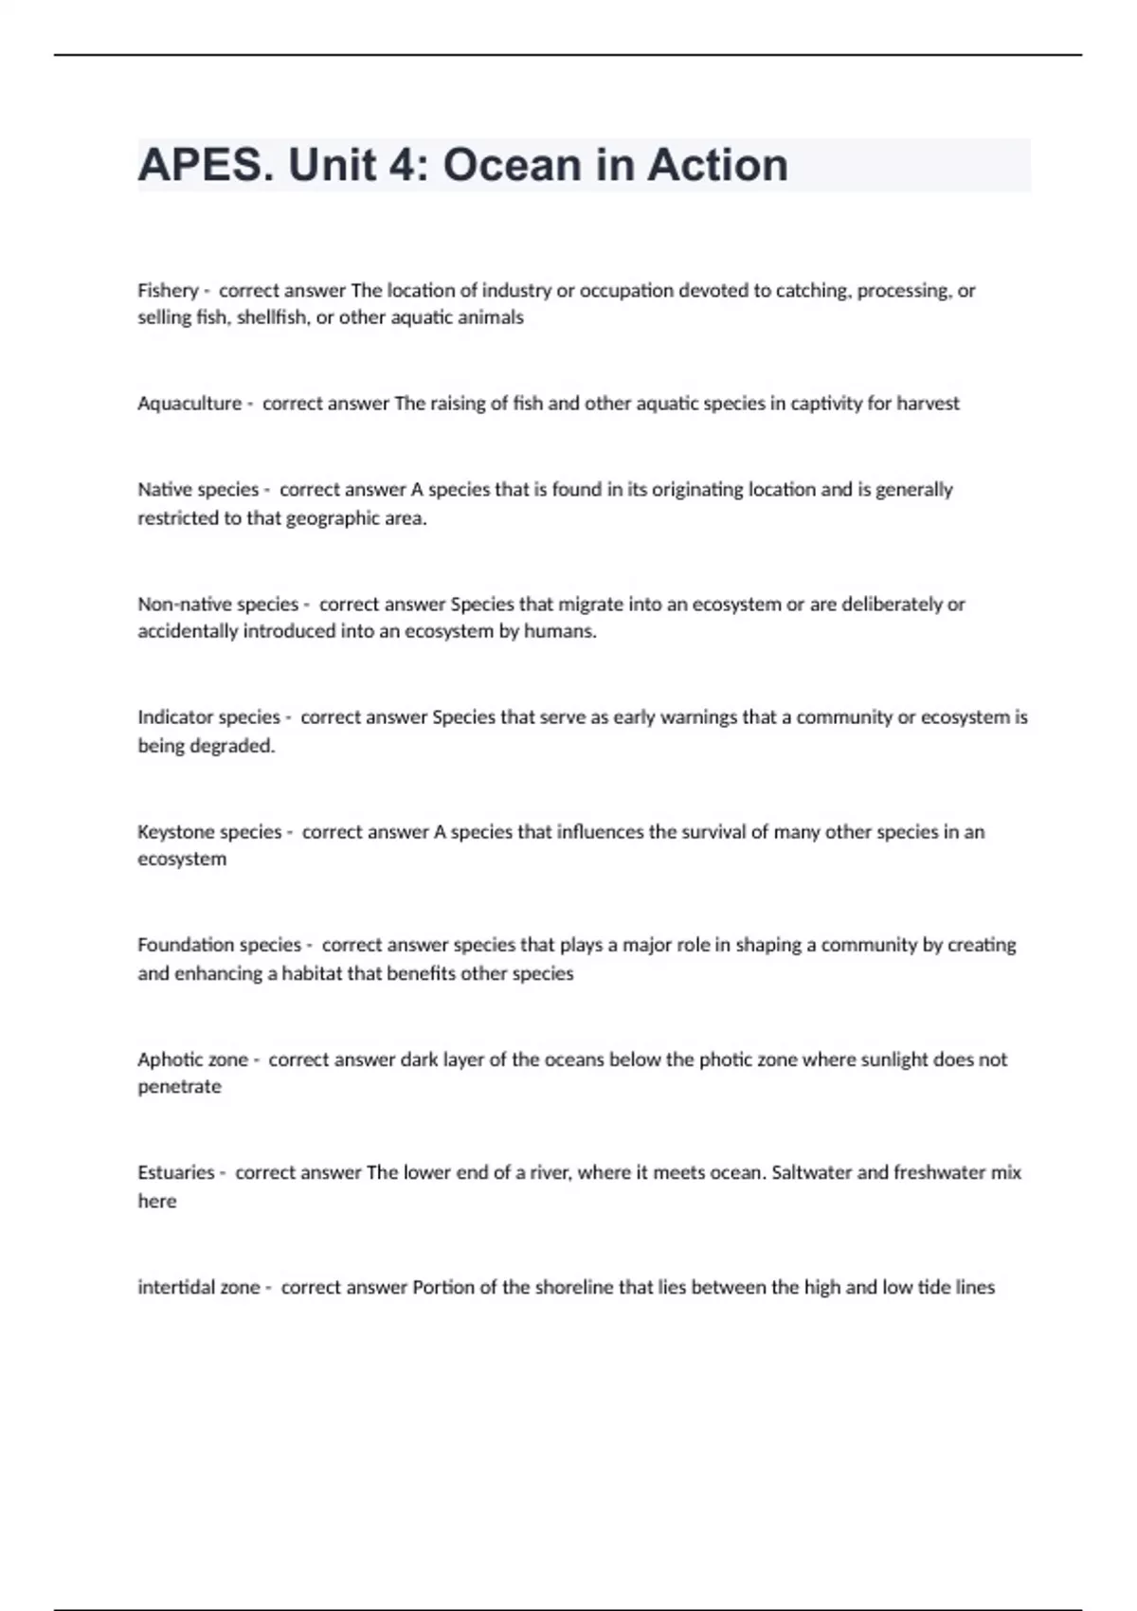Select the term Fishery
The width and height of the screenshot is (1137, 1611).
(168, 291)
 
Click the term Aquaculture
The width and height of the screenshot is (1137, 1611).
(189, 404)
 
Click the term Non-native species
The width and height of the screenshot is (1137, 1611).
(218, 605)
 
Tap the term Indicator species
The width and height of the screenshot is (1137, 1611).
(208, 717)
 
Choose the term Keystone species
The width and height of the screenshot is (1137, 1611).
(209, 832)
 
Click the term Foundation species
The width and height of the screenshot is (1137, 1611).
(219, 945)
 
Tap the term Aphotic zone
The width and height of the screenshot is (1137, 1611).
(192, 1059)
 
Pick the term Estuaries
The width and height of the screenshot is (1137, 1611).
(176, 1172)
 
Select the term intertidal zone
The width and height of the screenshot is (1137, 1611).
(199, 1288)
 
